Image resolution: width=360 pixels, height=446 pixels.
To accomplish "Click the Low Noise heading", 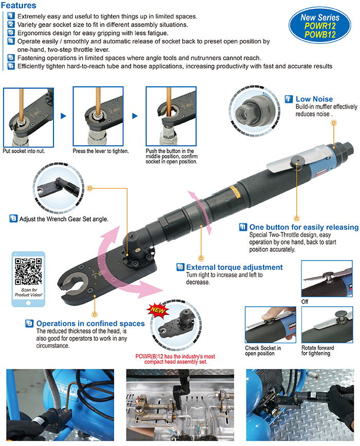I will [x=314, y=99].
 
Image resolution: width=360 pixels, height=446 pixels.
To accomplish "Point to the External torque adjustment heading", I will [x=234, y=267].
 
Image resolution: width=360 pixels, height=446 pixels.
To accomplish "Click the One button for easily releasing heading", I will [x=303, y=227].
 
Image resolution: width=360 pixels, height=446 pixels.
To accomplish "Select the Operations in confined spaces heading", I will [x=90, y=324].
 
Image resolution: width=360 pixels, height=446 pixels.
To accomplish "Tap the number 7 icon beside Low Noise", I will [x=289, y=99].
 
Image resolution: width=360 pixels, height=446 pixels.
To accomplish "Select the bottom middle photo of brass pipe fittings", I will [x=180, y=406].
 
